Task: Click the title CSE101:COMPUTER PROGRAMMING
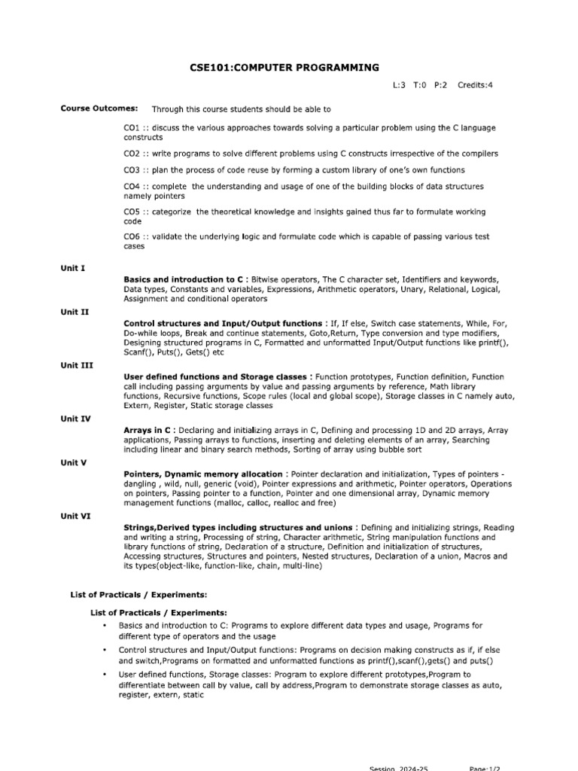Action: coord(284,68)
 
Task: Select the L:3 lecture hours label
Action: coord(400,85)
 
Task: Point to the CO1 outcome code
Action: coord(132,128)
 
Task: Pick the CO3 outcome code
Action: coord(132,170)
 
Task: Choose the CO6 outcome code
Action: coord(132,236)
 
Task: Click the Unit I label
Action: coord(73,267)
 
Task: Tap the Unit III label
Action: coord(77,364)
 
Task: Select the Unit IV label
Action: coord(76,418)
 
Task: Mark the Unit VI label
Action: coord(76,516)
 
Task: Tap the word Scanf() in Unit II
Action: coord(138,352)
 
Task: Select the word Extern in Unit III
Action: coord(137,406)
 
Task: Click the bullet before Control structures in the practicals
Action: coord(103,648)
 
